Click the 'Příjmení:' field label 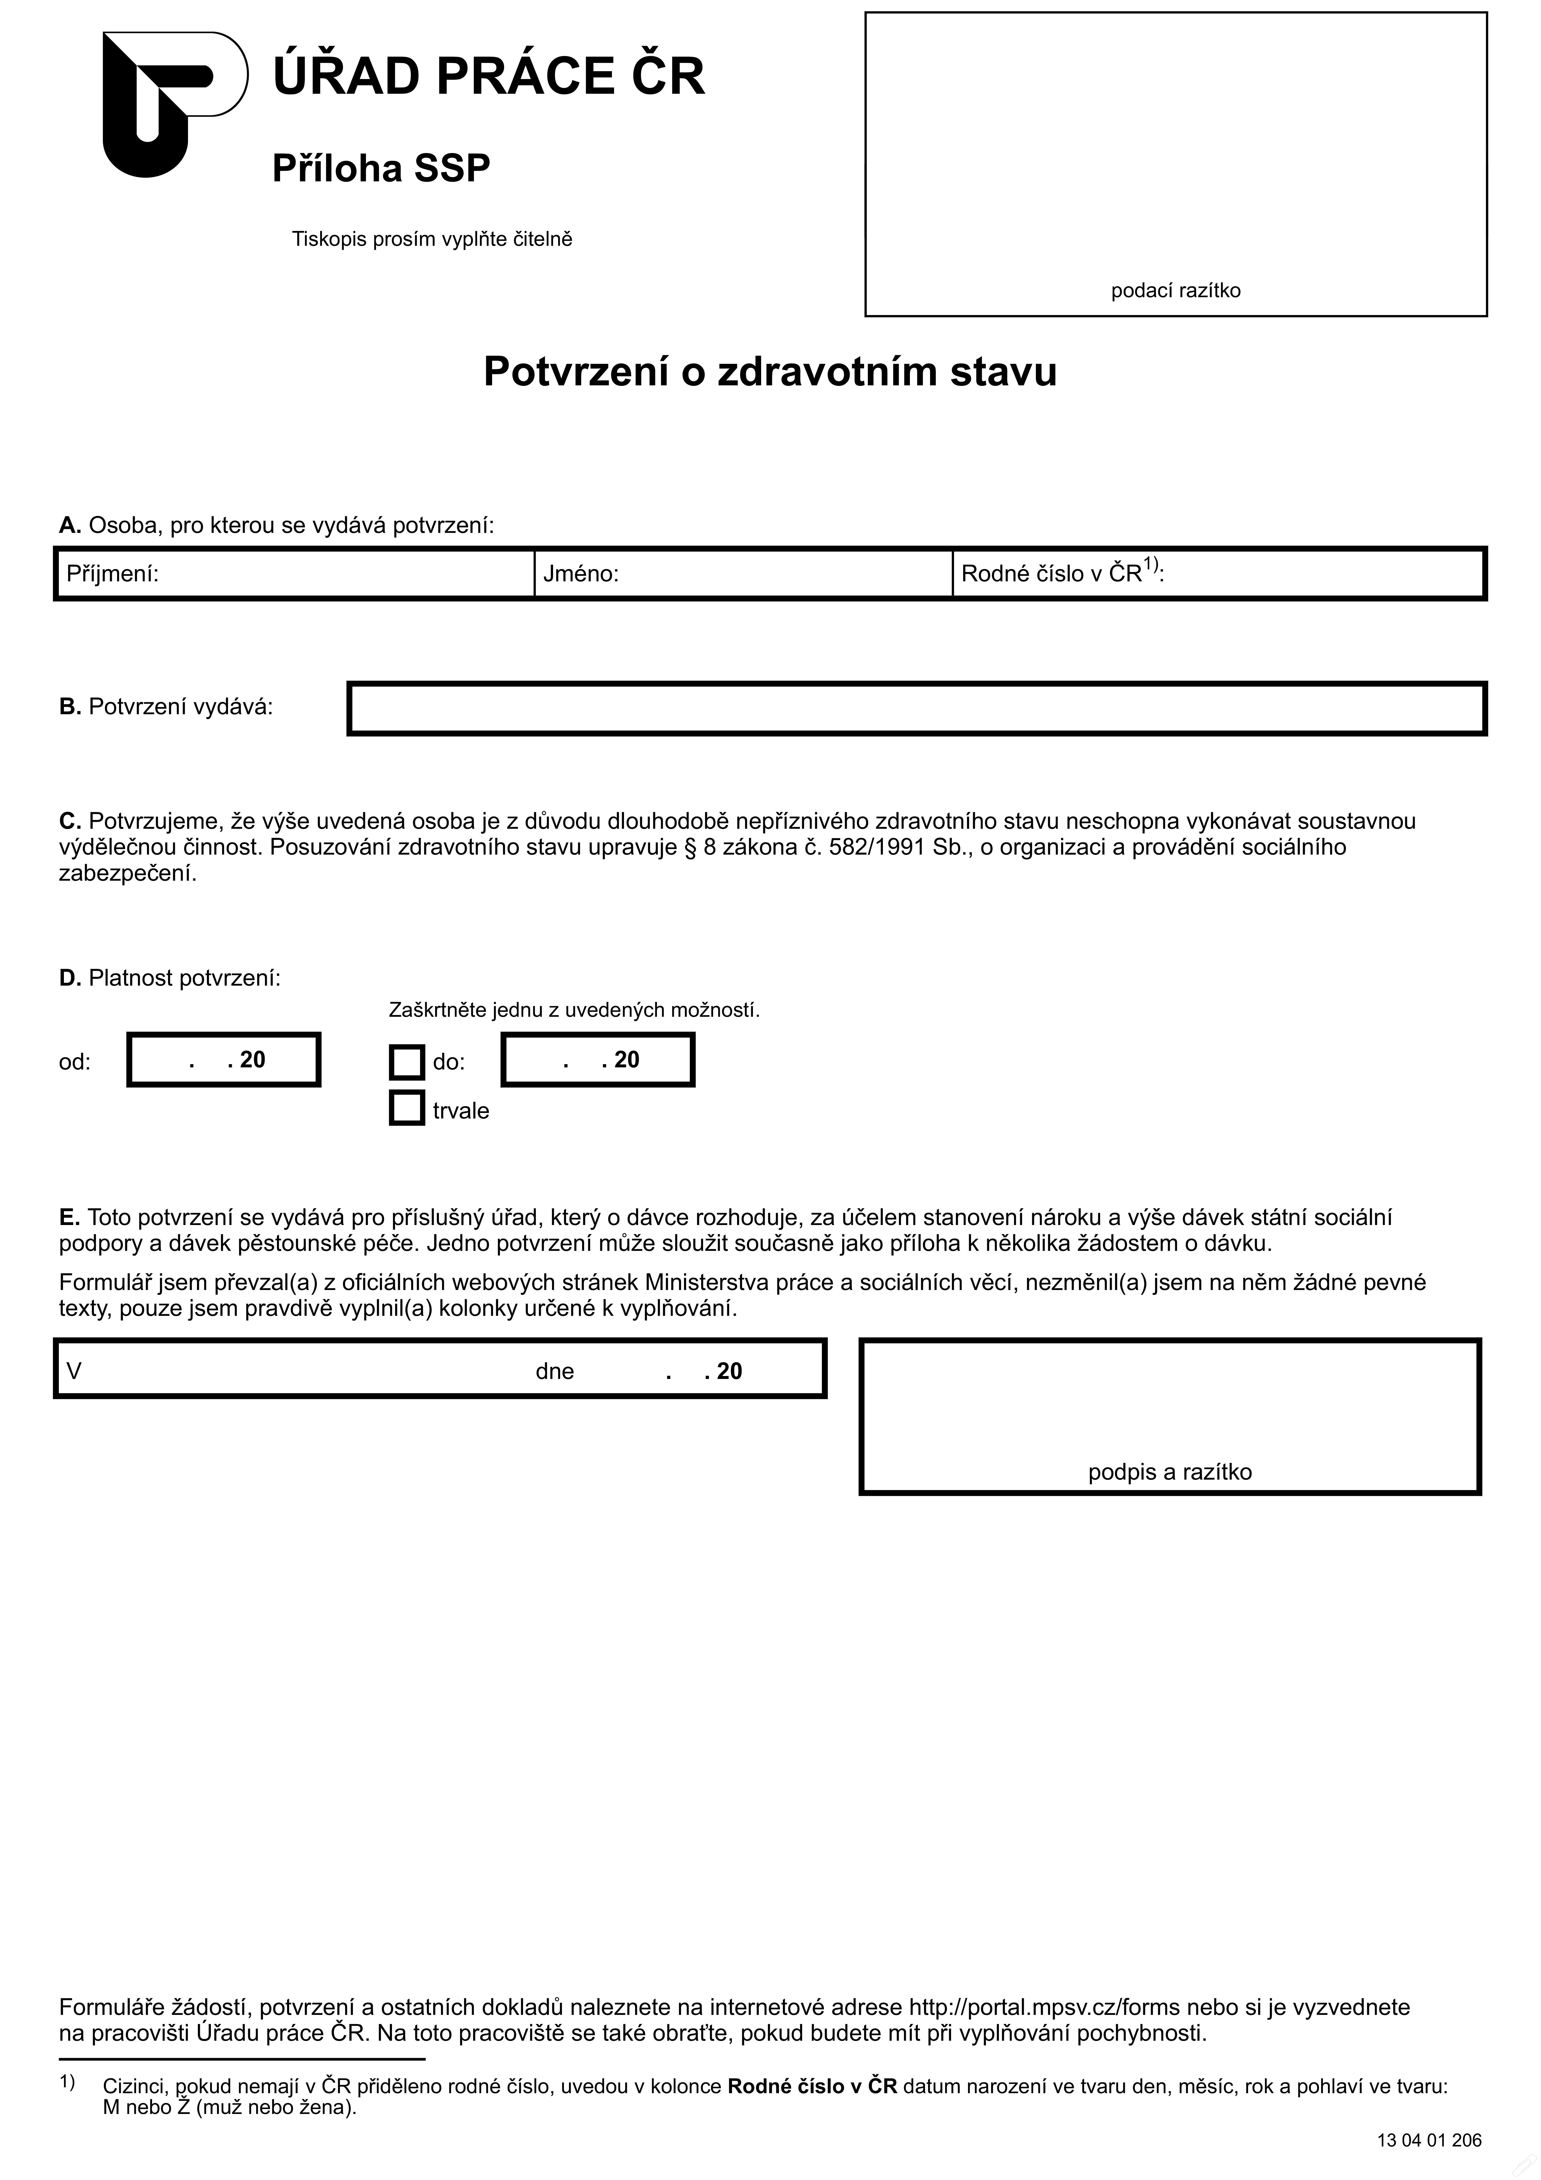tap(112, 573)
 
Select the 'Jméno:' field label tap(581, 573)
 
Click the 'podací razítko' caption tap(1175, 291)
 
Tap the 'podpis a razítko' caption tap(1170, 1472)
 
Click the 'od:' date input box tap(224, 1060)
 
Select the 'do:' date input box tap(598, 1060)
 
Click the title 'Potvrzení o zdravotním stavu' tap(770, 371)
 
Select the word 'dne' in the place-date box tap(554, 1371)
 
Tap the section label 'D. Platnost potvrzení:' tap(170, 978)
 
